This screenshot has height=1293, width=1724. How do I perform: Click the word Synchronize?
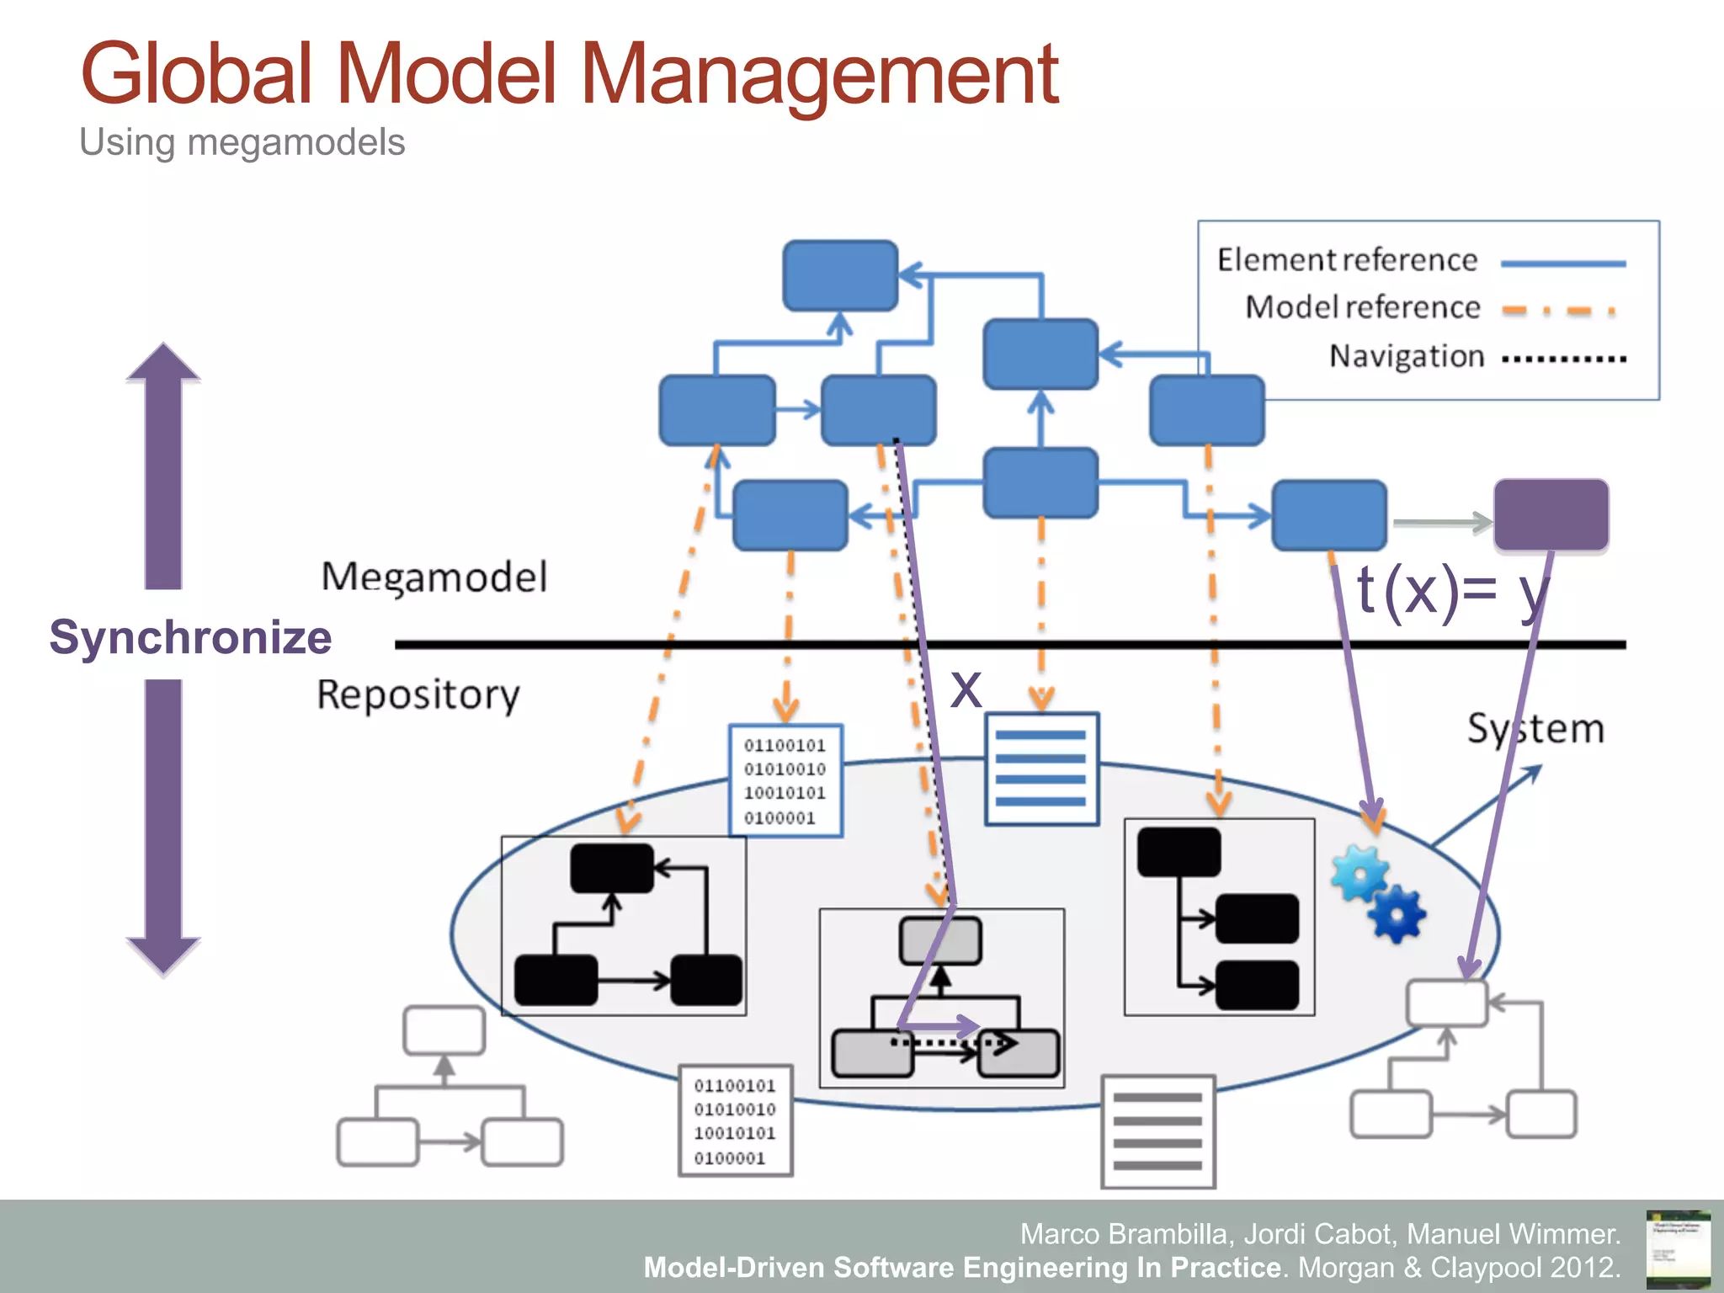pos(190,637)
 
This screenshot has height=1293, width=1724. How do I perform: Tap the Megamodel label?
pos(434,577)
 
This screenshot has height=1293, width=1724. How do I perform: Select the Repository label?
pos(418,695)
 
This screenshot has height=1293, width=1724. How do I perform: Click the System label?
pos(1535,729)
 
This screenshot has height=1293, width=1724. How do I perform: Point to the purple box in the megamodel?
pos(1551,515)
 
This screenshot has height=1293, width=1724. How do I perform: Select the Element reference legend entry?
pos(1347,260)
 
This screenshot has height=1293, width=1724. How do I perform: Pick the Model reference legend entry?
pos(1362,307)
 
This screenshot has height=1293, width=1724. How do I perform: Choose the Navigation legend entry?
pos(1406,356)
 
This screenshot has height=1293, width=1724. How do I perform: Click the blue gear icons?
pos(1377,893)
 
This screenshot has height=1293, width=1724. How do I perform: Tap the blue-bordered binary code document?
pos(785,780)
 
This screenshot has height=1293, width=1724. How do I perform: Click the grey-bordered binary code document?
pos(735,1120)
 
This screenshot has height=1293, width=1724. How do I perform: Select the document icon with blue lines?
pos(1041,769)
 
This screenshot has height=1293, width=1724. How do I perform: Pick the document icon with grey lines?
pos(1157,1131)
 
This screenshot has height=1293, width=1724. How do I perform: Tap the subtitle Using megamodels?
pos(242,142)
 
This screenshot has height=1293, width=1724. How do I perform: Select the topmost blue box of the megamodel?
pos(839,275)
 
